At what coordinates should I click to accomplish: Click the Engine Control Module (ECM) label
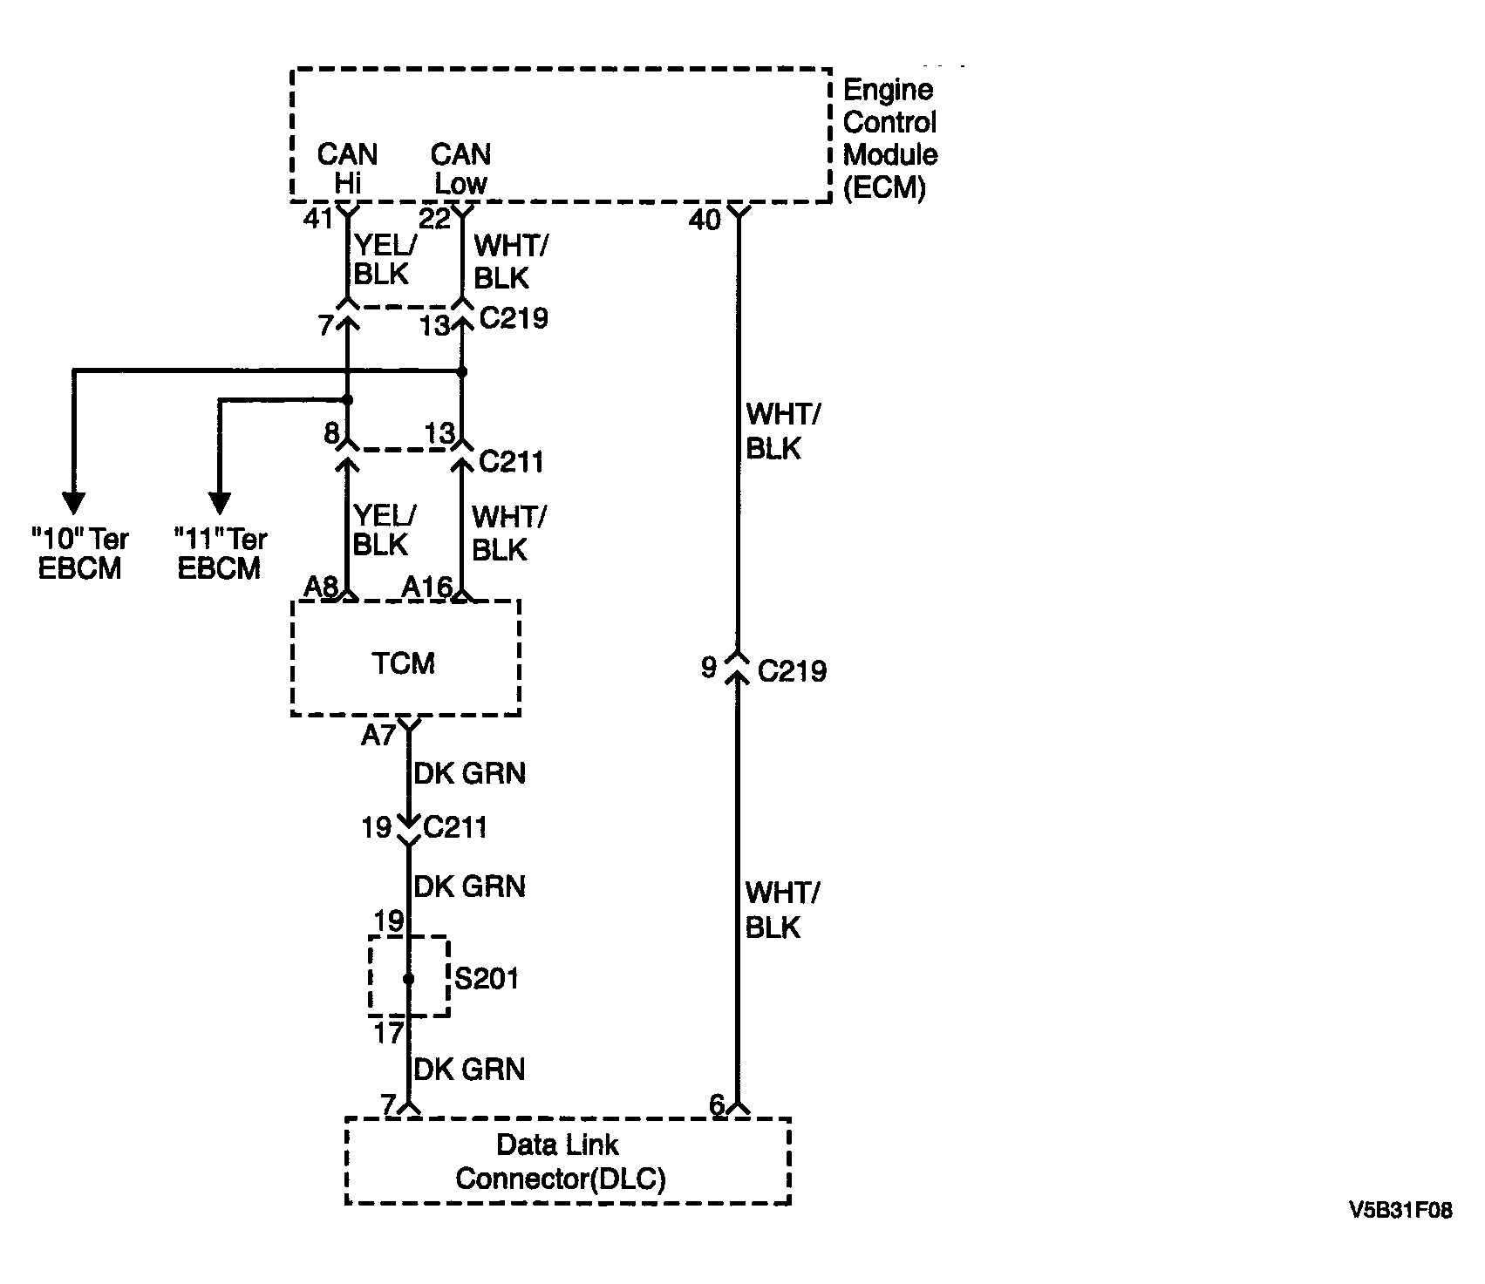point(890,139)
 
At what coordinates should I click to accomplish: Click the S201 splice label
point(487,978)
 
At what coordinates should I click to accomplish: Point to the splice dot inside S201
point(408,978)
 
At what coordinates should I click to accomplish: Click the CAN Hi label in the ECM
point(347,168)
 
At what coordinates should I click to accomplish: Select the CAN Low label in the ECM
point(461,168)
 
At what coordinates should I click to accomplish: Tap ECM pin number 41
point(318,218)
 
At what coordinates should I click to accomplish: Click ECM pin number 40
point(705,221)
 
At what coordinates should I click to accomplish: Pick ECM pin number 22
point(435,218)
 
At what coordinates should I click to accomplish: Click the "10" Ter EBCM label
point(79,554)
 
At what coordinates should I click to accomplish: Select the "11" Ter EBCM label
point(220,554)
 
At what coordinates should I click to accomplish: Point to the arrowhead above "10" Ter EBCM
point(74,503)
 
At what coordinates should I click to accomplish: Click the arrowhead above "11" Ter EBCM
point(220,503)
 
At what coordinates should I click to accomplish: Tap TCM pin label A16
point(426,588)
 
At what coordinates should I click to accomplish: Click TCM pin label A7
point(378,737)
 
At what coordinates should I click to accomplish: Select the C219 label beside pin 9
point(792,671)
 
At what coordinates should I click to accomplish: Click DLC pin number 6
point(717,1105)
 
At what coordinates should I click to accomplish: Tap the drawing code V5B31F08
point(1400,1211)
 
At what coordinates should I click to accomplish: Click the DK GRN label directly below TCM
point(470,773)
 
